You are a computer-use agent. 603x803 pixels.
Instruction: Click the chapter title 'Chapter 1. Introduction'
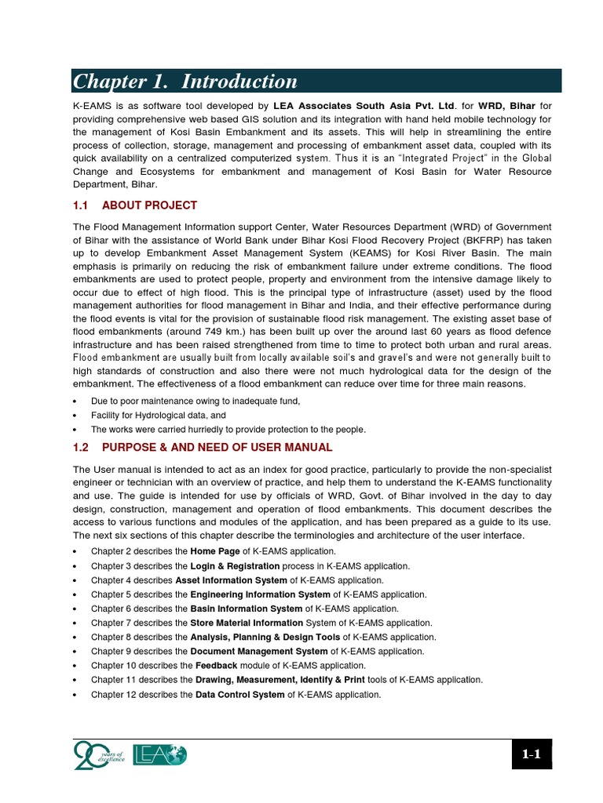185,82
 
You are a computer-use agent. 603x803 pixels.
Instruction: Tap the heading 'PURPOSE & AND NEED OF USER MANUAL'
217,448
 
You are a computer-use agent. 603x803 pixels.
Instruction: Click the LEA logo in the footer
161,755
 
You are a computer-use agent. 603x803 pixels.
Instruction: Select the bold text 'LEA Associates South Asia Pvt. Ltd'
364,105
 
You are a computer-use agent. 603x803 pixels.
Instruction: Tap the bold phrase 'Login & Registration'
235,565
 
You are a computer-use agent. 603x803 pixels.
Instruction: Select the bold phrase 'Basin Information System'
246,609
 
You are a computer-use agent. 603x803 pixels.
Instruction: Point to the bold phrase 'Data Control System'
239,695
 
